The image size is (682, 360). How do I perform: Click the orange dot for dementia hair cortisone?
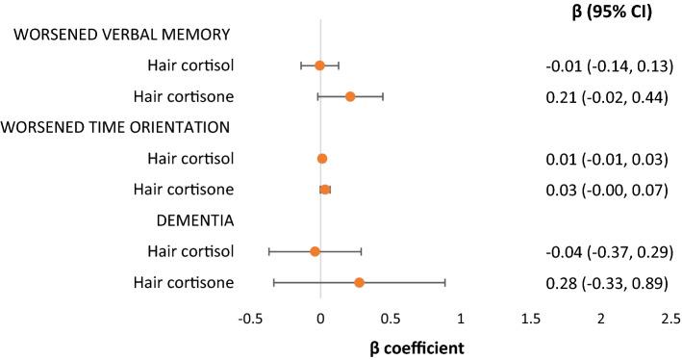coord(359,282)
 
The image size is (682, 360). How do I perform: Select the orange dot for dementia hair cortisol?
coord(315,251)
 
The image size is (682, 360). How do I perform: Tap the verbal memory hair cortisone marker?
coord(350,96)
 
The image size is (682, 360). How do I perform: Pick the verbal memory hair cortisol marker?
coord(319,65)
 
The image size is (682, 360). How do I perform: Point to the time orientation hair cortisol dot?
coord(322,158)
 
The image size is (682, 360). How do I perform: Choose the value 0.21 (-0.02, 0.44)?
coord(607,96)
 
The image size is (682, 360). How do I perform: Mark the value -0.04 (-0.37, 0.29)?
coord(607,251)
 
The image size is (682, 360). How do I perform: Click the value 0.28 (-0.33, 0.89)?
coord(607,282)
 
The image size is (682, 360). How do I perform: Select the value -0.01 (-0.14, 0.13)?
coord(607,65)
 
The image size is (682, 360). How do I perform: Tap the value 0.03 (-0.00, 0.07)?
coord(607,190)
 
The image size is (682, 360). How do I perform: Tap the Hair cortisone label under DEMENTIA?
coord(191,282)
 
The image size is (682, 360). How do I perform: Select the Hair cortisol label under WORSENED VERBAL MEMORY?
coord(193,65)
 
